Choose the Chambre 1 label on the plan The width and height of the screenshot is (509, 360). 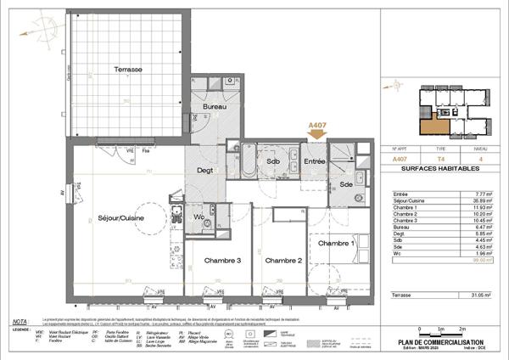(336, 244)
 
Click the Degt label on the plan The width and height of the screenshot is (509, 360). (205, 170)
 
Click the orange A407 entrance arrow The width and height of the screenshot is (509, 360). (317, 129)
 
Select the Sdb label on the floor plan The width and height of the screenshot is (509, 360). (273, 160)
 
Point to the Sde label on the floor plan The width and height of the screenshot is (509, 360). (347, 184)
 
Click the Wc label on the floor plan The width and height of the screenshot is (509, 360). (199, 217)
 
